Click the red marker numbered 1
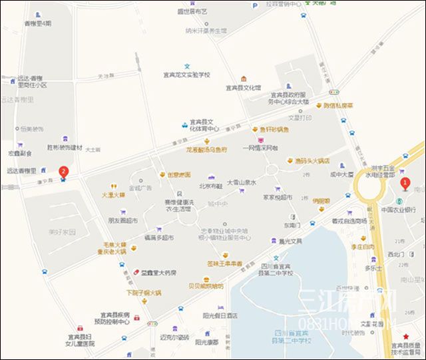[x=403, y=183]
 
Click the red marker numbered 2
[x=63, y=172]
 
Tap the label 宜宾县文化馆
[x=243, y=88]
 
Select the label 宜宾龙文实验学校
[x=187, y=75]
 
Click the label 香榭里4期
[x=38, y=23]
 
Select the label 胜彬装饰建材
[x=65, y=147]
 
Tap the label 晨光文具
[x=291, y=241]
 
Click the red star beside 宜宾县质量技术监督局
[x=406, y=337]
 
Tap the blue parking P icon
[x=254, y=5]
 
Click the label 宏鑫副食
[x=19, y=153]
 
